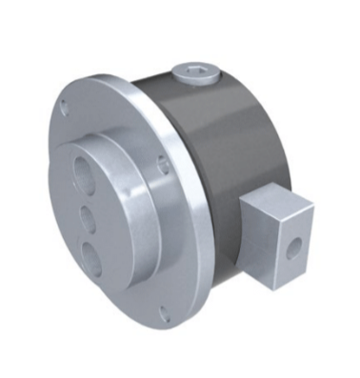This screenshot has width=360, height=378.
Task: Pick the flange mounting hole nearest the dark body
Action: [x=165, y=164]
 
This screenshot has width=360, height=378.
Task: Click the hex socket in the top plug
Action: [x=195, y=70]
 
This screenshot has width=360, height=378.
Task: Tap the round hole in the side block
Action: [x=296, y=248]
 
